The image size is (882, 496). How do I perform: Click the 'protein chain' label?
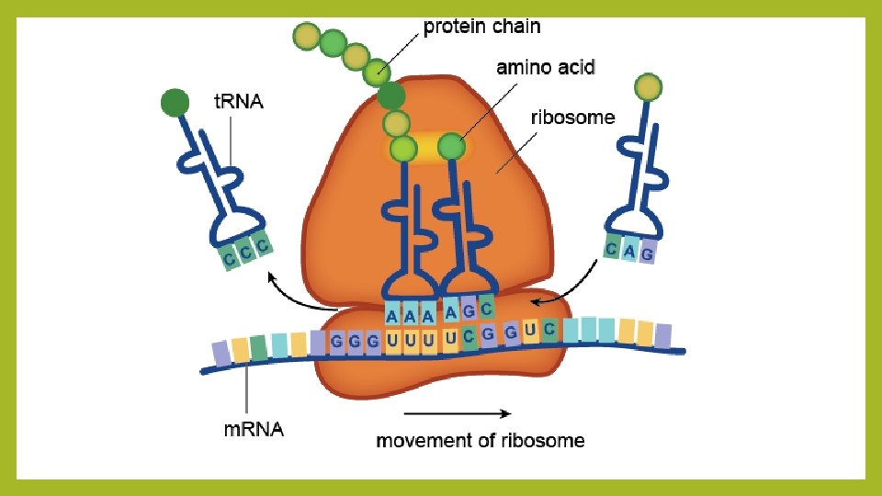point(481,27)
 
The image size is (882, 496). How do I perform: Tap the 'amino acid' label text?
point(546,67)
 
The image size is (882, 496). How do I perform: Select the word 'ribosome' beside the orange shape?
point(573,118)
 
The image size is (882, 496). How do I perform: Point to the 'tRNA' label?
point(238,102)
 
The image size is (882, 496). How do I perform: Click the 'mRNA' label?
point(254,428)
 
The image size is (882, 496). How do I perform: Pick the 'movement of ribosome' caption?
point(480,440)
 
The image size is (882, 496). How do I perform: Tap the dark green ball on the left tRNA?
point(175,102)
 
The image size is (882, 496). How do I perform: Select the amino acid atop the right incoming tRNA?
point(649,87)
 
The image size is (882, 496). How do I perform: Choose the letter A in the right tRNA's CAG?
point(629,249)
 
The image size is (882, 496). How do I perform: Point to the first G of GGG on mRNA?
point(337,341)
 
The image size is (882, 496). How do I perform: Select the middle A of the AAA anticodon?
point(410,316)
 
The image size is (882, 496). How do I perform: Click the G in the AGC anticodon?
point(469,310)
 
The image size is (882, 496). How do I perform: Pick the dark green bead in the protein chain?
point(390,96)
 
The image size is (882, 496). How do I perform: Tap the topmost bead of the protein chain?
point(306,37)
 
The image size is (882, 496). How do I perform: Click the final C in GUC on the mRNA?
point(549,329)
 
